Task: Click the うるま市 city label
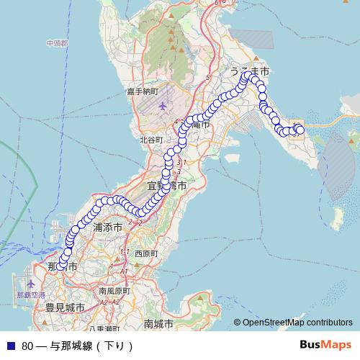pyautogui.click(x=249, y=73)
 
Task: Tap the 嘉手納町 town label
pyautogui.click(x=142, y=91)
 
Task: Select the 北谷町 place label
pyautogui.click(x=152, y=140)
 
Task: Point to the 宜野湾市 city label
pyautogui.click(x=168, y=186)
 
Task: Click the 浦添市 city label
pyautogui.click(x=109, y=227)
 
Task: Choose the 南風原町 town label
pyautogui.click(x=114, y=292)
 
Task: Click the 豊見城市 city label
pyautogui.click(x=65, y=307)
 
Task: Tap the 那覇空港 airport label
pyautogui.click(x=31, y=295)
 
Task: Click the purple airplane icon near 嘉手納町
pyautogui.click(x=162, y=107)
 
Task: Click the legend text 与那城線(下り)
pyautogui.click(x=92, y=346)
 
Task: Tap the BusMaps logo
pyautogui.click(x=325, y=344)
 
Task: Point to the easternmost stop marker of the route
pyautogui.click(x=300, y=130)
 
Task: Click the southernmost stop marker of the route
pyautogui.click(x=61, y=266)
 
